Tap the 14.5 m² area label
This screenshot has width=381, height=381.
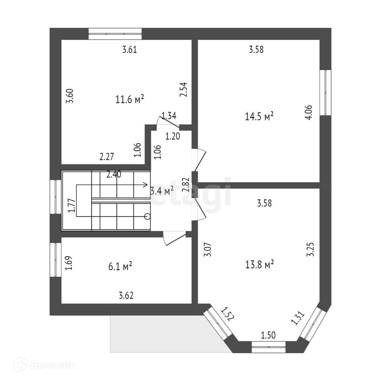[259, 116]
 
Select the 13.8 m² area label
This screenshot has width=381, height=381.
[259, 265]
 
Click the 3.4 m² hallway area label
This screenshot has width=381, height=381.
[162, 191]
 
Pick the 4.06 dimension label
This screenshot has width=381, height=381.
[308, 112]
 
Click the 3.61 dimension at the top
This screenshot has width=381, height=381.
[130, 49]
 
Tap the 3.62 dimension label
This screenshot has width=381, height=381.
[126, 296]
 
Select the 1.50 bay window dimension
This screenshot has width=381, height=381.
[268, 335]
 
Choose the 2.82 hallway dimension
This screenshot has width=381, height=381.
[187, 185]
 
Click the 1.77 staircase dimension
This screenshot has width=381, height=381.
[72, 206]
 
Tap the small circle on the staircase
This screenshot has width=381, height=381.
[147, 216]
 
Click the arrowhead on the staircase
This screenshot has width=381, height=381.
[146, 185]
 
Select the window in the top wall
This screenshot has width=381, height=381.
[115, 34]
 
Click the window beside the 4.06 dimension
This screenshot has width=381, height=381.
[326, 92]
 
